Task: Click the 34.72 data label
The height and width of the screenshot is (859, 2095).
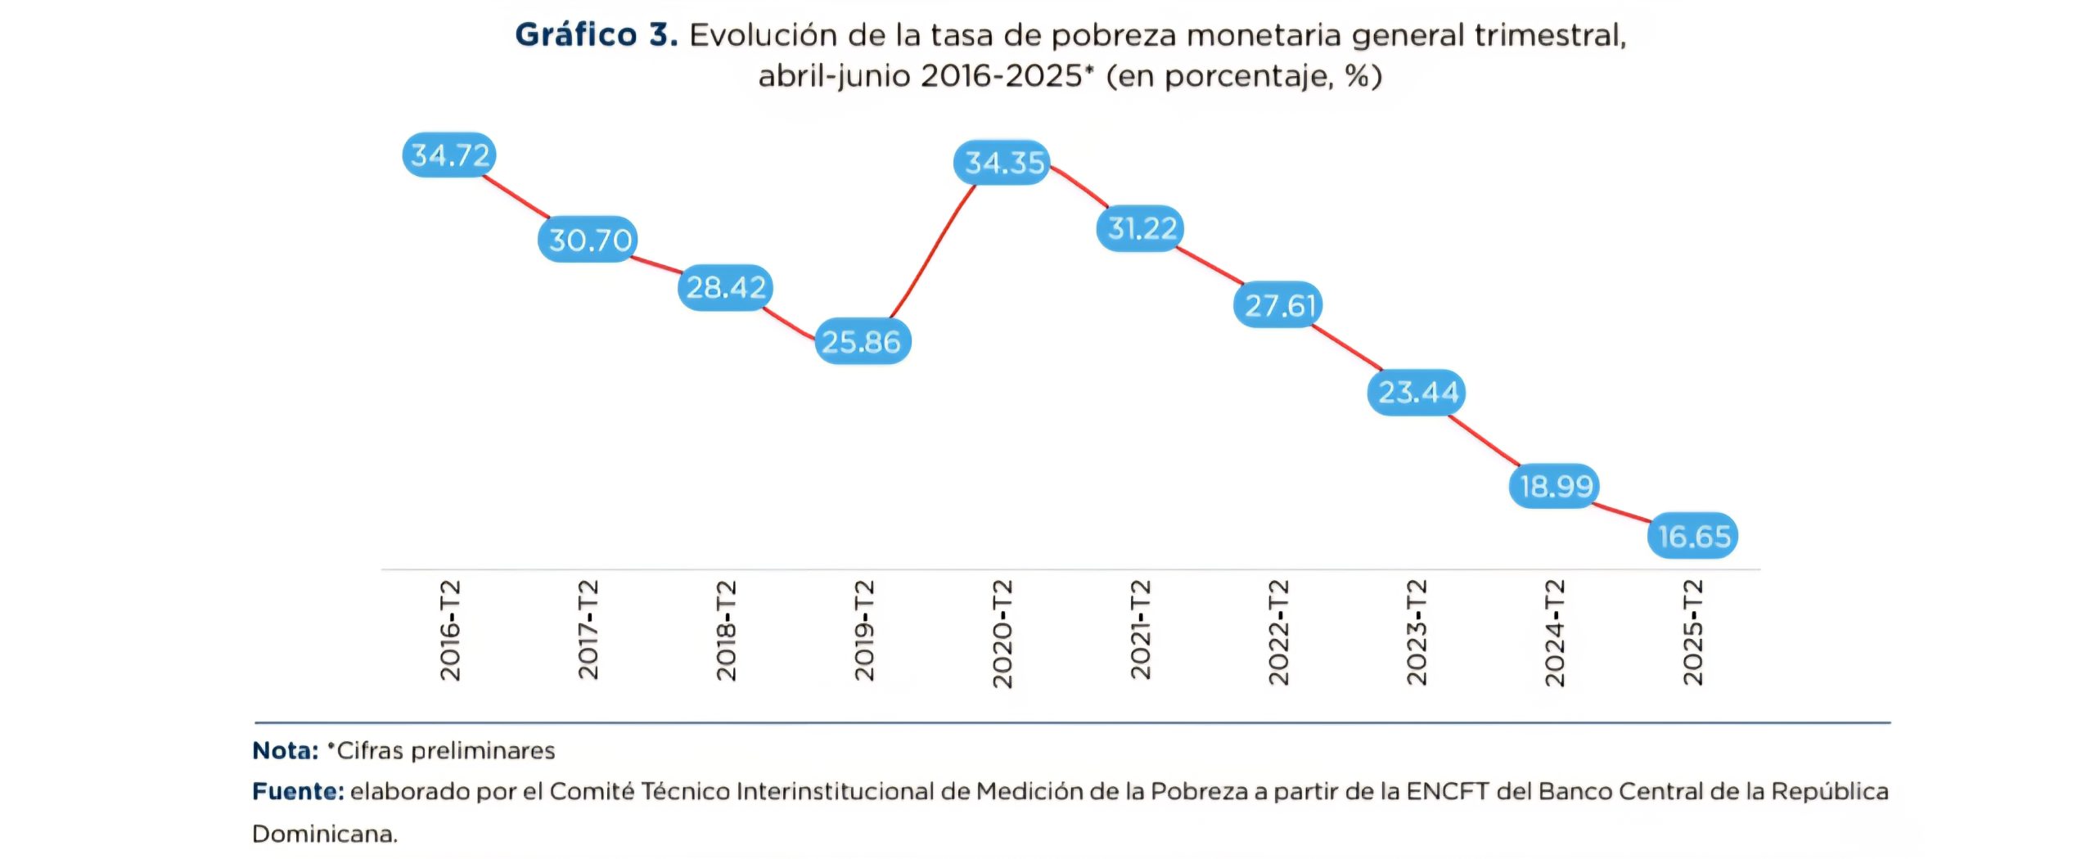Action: tap(449, 155)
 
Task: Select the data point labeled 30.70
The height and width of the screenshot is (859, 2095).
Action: tap(588, 239)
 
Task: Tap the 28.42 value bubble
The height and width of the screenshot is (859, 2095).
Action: tap(725, 287)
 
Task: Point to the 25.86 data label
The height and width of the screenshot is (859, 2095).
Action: tap(863, 341)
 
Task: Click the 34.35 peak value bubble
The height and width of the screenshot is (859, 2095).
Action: tap(1002, 162)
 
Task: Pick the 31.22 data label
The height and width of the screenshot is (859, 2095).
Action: tap(1140, 228)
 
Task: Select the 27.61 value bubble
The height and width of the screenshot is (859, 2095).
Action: tap(1278, 305)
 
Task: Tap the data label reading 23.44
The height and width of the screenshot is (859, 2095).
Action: tap(1417, 393)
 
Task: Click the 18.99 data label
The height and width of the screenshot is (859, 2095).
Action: tap(1555, 486)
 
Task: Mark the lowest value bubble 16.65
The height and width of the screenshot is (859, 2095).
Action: tap(1692, 536)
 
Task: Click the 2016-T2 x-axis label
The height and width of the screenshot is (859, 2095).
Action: tap(451, 631)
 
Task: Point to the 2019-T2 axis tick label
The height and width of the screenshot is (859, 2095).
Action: tap(865, 631)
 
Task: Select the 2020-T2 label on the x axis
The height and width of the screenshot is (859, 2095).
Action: tap(1002, 634)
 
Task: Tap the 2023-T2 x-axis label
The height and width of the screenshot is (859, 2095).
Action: tap(1417, 632)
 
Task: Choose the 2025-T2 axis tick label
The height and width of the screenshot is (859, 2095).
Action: tap(1693, 632)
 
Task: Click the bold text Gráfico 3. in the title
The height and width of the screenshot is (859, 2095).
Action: tap(597, 35)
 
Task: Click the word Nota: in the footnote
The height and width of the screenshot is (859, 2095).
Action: tap(285, 750)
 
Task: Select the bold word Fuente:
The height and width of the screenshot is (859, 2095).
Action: tap(298, 791)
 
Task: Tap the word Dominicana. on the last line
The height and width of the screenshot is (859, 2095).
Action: tap(325, 834)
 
